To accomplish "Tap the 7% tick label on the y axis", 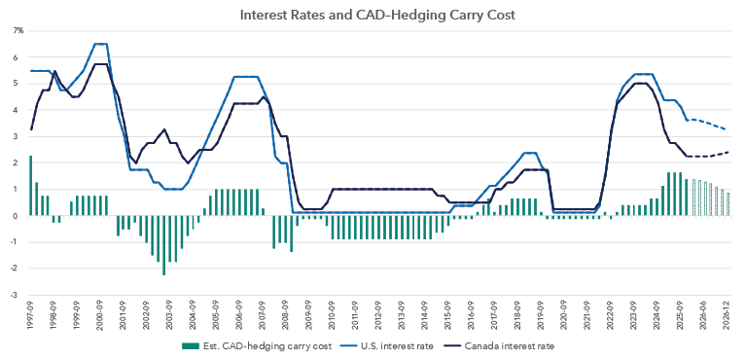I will coord(18,31).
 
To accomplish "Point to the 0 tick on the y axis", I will coord(19,216).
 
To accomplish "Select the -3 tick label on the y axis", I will coord(18,295).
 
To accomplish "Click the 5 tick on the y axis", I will coord(19,84).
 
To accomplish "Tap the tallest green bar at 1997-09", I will coord(31,185).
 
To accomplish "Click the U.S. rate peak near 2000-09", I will coord(100,44).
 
